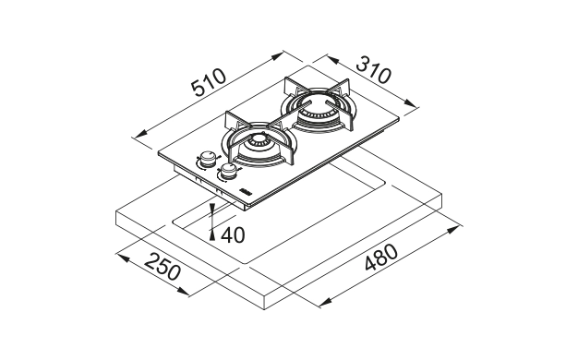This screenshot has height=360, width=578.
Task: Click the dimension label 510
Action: pyautogui.click(x=209, y=82)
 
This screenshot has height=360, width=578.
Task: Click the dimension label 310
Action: pyautogui.click(x=373, y=69)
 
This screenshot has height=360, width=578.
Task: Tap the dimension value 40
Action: pyautogui.click(x=233, y=235)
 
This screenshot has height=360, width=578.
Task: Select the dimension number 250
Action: pyautogui.click(x=163, y=267)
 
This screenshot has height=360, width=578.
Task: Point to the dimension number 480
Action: pyautogui.click(x=381, y=258)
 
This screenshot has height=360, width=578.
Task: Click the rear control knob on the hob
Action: pyautogui.click(x=208, y=158)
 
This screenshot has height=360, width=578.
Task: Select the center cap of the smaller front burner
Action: pyautogui.click(x=258, y=140)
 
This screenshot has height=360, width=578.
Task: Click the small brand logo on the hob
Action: pyautogui.click(x=245, y=190)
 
